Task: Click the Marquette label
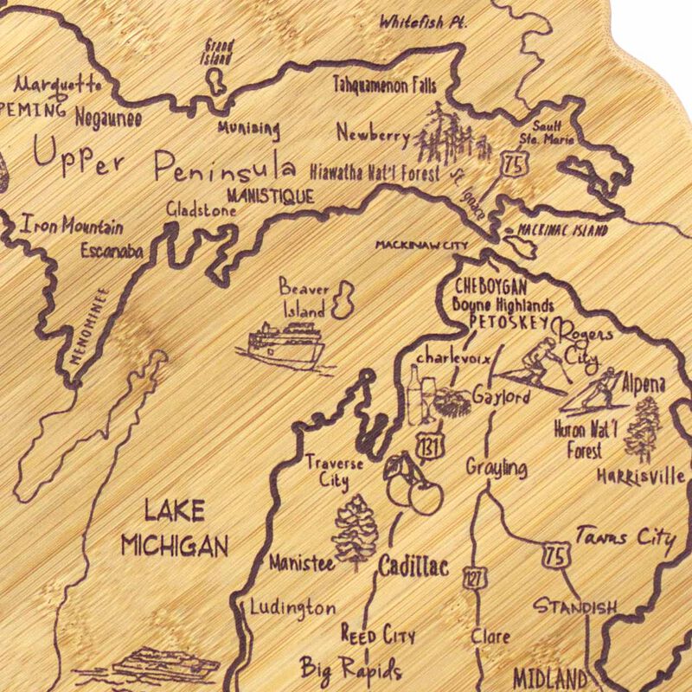(59, 86)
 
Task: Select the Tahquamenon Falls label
(385, 84)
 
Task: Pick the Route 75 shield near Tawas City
(554, 550)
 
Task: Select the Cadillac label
(413, 567)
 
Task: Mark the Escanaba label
(112, 252)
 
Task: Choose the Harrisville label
(641, 476)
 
